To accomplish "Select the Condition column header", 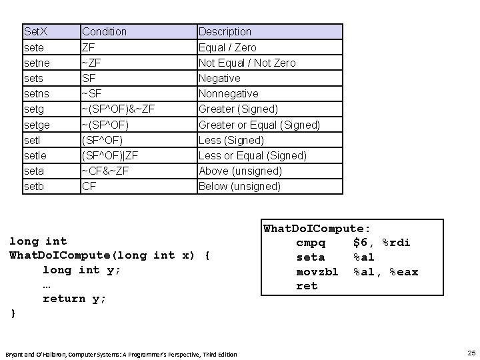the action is click(104, 31).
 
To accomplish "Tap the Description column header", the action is click(225, 31).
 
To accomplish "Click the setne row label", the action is click(37, 63).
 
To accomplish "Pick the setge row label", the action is click(37, 125).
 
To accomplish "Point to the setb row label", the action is click(34, 186).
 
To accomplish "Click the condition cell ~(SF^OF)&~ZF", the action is click(119, 109).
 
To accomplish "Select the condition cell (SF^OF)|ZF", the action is click(111, 155).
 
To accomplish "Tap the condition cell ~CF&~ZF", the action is click(105, 171).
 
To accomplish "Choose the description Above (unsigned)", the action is click(240, 171).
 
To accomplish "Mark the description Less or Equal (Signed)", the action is click(253, 155).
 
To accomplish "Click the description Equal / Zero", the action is click(227, 47).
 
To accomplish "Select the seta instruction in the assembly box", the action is click(310, 257).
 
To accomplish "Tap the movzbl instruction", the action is click(317, 272).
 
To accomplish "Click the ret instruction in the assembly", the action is click(307, 286).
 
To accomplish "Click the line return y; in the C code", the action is click(74, 299).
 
